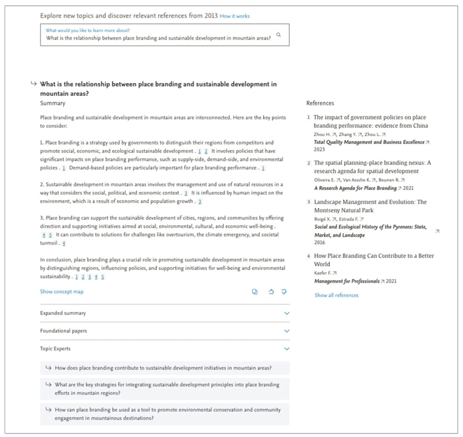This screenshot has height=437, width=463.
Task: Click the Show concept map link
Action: click(x=61, y=291)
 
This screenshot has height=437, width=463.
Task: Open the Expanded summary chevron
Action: click(x=287, y=313)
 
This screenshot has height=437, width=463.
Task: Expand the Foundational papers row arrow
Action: click(x=287, y=331)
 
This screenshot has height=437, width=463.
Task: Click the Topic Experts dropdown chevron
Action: click(x=287, y=349)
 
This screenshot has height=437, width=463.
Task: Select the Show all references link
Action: click(x=336, y=295)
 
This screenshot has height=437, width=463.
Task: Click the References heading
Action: click(x=320, y=103)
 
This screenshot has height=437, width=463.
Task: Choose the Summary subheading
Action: click(x=53, y=103)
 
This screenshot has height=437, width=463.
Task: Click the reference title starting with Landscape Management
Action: click(x=370, y=202)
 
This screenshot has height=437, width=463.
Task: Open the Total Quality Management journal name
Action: click(x=369, y=142)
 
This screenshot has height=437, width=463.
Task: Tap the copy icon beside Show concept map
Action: click(x=255, y=291)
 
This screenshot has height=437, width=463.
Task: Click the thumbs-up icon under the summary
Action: click(x=271, y=291)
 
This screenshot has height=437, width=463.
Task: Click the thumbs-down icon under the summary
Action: click(x=284, y=291)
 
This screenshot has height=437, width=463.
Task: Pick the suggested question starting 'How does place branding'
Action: click(x=163, y=368)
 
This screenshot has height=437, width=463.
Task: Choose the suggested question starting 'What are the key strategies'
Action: click(x=167, y=388)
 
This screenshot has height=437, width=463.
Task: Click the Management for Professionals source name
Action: click(x=347, y=281)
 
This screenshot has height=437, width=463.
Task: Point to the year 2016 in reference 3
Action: click(x=319, y=243)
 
